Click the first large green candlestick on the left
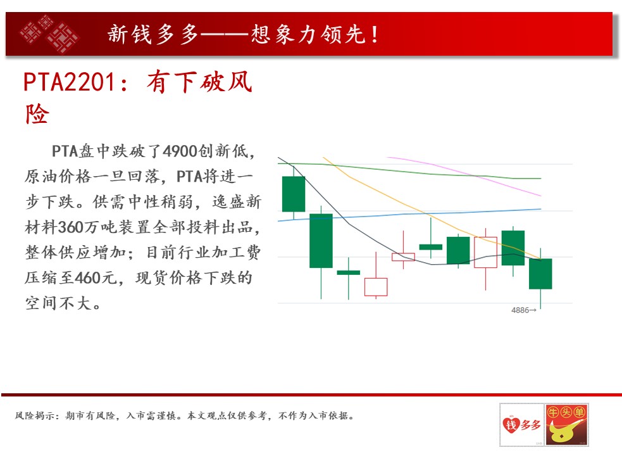(x=294, y=194)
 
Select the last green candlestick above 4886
(x=540, y=274)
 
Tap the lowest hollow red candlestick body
(x=376, y=287)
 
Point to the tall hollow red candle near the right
(x=485, y=252)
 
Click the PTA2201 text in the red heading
(x=70, y=82)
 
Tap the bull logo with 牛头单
(x=567, y=424)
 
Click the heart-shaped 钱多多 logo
(x=521, y=424)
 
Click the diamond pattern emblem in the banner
(x=49, y=34)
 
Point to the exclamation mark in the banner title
(x=375, y=34)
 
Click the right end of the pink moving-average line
(x=540, y=196)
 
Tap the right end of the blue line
(x=540, y=209)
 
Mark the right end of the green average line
(x=540, y=179)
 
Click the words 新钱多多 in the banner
(x=153, y=34)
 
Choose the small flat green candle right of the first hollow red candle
(x=430, y=247)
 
